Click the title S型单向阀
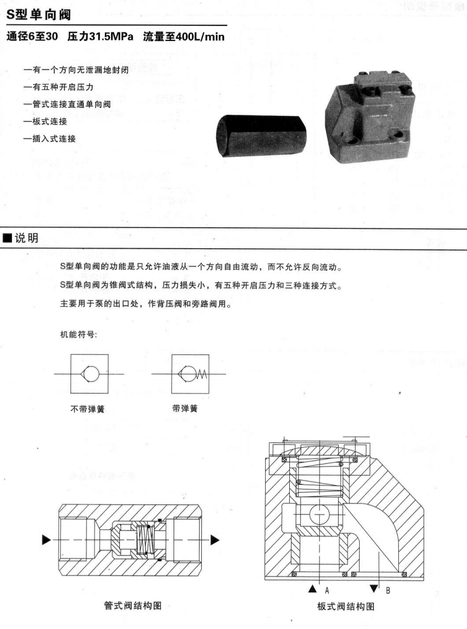(x=39, y=15)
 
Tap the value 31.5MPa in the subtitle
(x=111, y=37)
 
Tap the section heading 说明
(x=27, y=238)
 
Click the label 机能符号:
(x=78, y=334)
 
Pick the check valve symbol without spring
(x=89, y=374)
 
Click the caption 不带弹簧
(x=87, y=408)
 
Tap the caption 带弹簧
(x=185, y=408)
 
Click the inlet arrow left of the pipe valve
(x=46, y=540)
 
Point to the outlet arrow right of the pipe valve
(x=215, y=540)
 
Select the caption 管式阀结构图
(x=133, y=606)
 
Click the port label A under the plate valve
(x=327, y=590)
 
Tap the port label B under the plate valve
(x=388, y=590)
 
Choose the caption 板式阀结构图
(x=346, y=606)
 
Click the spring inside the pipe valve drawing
(x=143, y=540)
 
